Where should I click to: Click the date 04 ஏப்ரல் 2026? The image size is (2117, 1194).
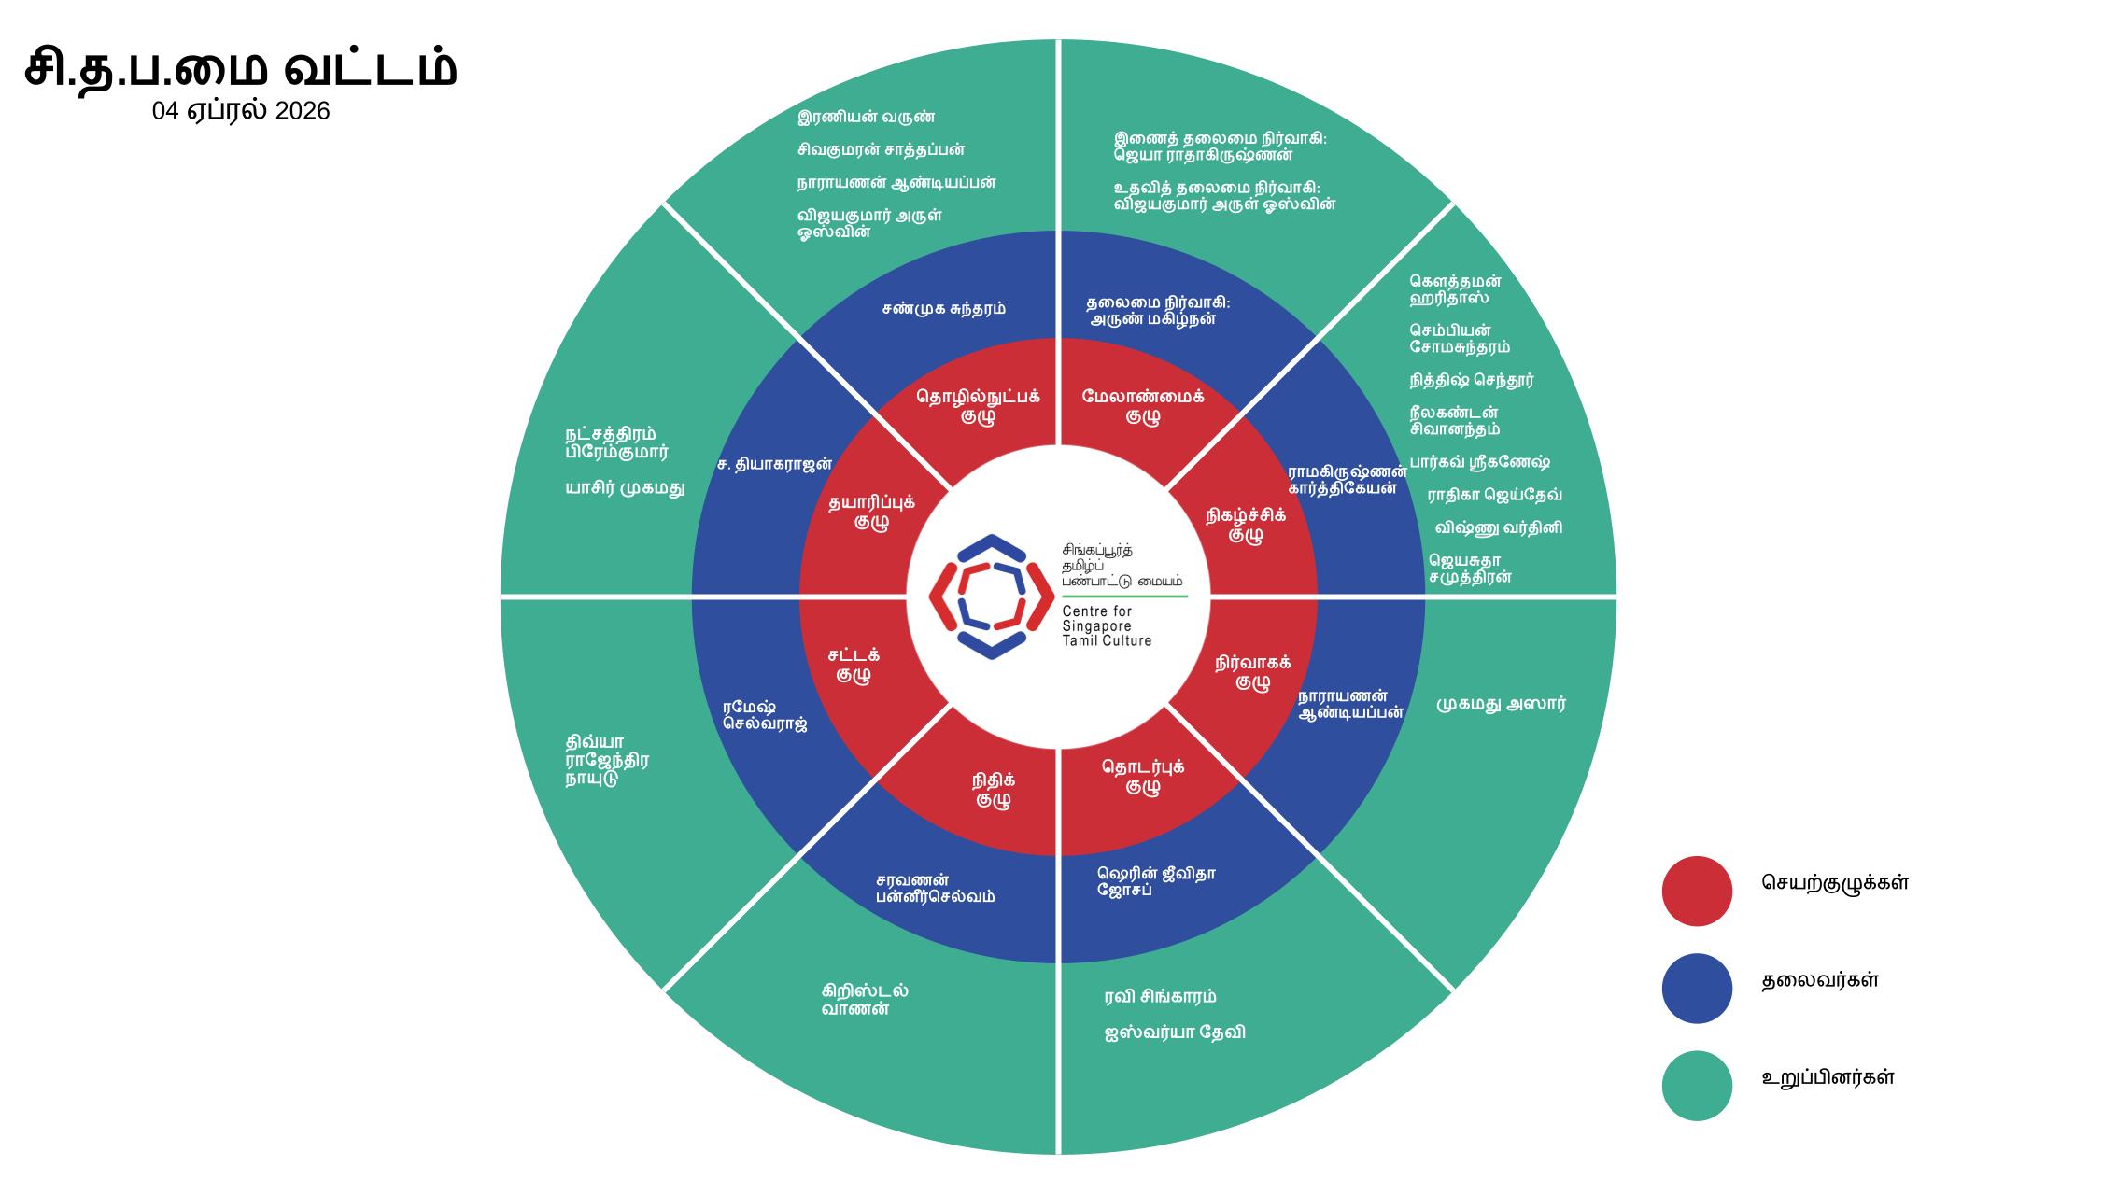coord(241,111)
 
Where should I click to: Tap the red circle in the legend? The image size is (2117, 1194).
coord(1696,891)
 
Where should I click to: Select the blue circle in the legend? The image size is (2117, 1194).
coord(1696,988)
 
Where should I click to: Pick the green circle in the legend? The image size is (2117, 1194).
coord(1696,1085)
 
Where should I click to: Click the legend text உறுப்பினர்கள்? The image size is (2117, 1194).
coord(1828,1077)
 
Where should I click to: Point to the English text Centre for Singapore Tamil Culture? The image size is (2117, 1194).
coord(1107,626)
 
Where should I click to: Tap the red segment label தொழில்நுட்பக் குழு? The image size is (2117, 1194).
coord(978,406)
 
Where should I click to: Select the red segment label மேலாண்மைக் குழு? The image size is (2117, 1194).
coord(1143,406)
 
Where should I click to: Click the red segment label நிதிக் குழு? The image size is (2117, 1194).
coord(993,790)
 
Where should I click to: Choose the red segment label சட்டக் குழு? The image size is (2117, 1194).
coord(854,665)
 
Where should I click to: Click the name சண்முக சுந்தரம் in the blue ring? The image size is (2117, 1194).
coord(943,309)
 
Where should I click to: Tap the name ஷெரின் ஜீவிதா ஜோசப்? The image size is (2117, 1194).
coord(1156,882)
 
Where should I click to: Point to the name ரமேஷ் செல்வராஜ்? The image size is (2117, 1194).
coord(764,715)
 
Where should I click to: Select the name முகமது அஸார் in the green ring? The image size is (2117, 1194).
coord(1501,704)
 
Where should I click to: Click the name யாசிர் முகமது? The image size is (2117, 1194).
coord(625,487)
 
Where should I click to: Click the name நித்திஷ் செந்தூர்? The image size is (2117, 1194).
coord(1472,381)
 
